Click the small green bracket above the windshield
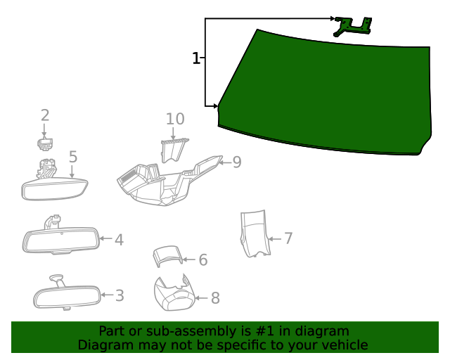(352, 27)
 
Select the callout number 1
(196, 58)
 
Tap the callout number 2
(45, 115)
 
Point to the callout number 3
(120, 295)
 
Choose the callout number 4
(119, 240)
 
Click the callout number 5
(72, 157)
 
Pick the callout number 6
(202, 260)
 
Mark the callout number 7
(288, 238)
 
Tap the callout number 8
(215, 298)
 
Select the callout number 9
(237, 162)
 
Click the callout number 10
(175, 119)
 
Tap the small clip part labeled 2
(44, 144)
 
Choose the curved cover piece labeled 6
(167, 257)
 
